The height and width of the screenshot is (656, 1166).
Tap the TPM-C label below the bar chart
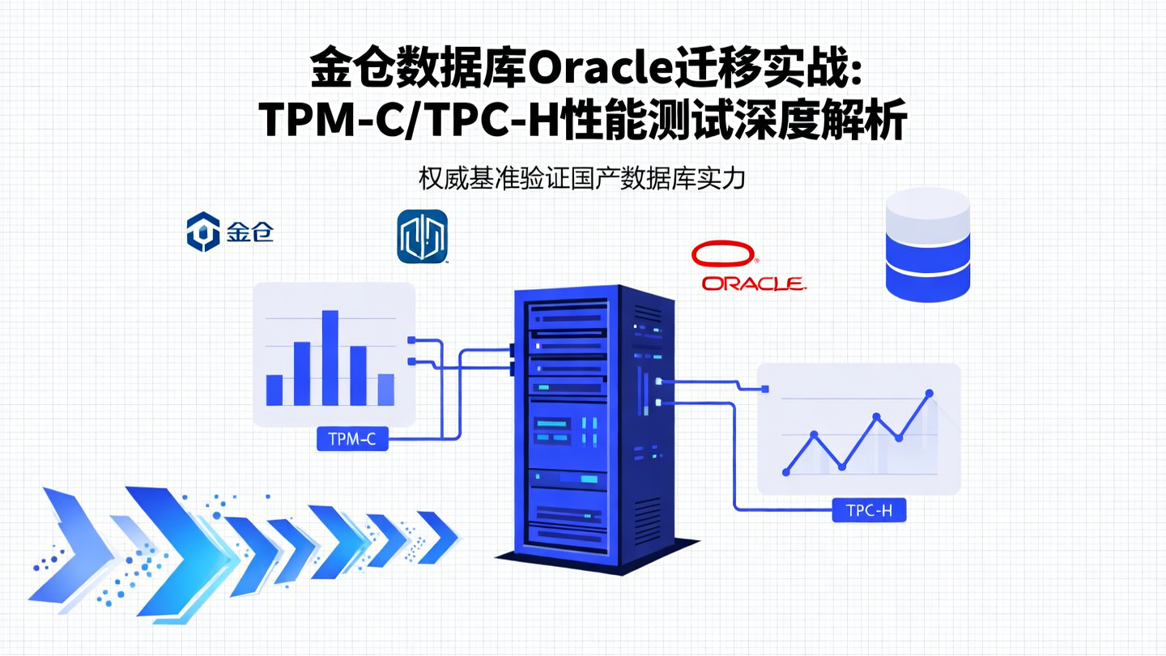(352, 440)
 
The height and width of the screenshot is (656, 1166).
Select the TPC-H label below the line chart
(869, 511)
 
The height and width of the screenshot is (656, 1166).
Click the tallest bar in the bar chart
(330, 357)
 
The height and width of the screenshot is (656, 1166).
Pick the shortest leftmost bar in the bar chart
(274, 390)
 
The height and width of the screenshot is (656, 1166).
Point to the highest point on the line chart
(929, 394)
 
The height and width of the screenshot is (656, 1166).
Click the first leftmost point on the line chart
(785, 471)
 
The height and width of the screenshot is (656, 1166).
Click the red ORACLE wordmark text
(752, 283)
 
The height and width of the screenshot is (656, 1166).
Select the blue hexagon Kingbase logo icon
(202, 232)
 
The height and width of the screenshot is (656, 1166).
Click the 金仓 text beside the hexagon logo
(249, 232)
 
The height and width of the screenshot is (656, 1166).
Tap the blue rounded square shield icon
(422, 236)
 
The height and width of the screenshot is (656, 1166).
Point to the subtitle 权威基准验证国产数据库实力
(582, 178)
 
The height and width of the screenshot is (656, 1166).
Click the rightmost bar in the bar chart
(385, 390)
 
